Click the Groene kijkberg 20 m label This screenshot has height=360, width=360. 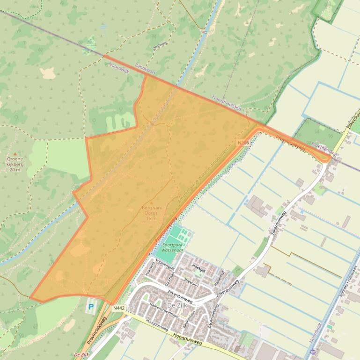tap(15, 164)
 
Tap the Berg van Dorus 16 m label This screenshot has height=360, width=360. tap(151, 213)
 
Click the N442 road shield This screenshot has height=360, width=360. tap(119, 308)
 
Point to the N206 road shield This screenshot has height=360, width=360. tap(243, 143)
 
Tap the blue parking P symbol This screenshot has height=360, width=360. tap(91, 307)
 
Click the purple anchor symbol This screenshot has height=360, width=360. tap(313, 351)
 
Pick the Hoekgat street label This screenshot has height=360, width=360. tap(199, 266)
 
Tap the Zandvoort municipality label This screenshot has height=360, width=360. tap(144, 69)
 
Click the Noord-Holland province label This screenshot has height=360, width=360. tap(227, 104)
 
